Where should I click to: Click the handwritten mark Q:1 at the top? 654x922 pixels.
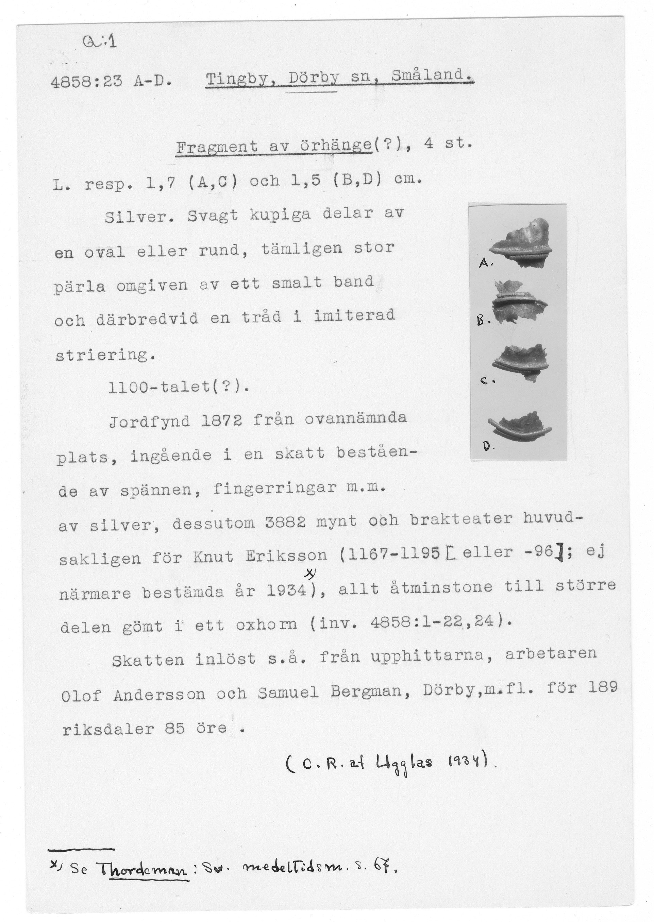pyautogui.click(x=99, y=41)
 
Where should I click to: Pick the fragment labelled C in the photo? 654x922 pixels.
pyautogui.click(x=520, y=360)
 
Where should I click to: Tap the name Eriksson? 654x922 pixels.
pyautogui.click(x=286, y=556)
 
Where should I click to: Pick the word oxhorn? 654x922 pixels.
pyautogui.click(x=266, y=624)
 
